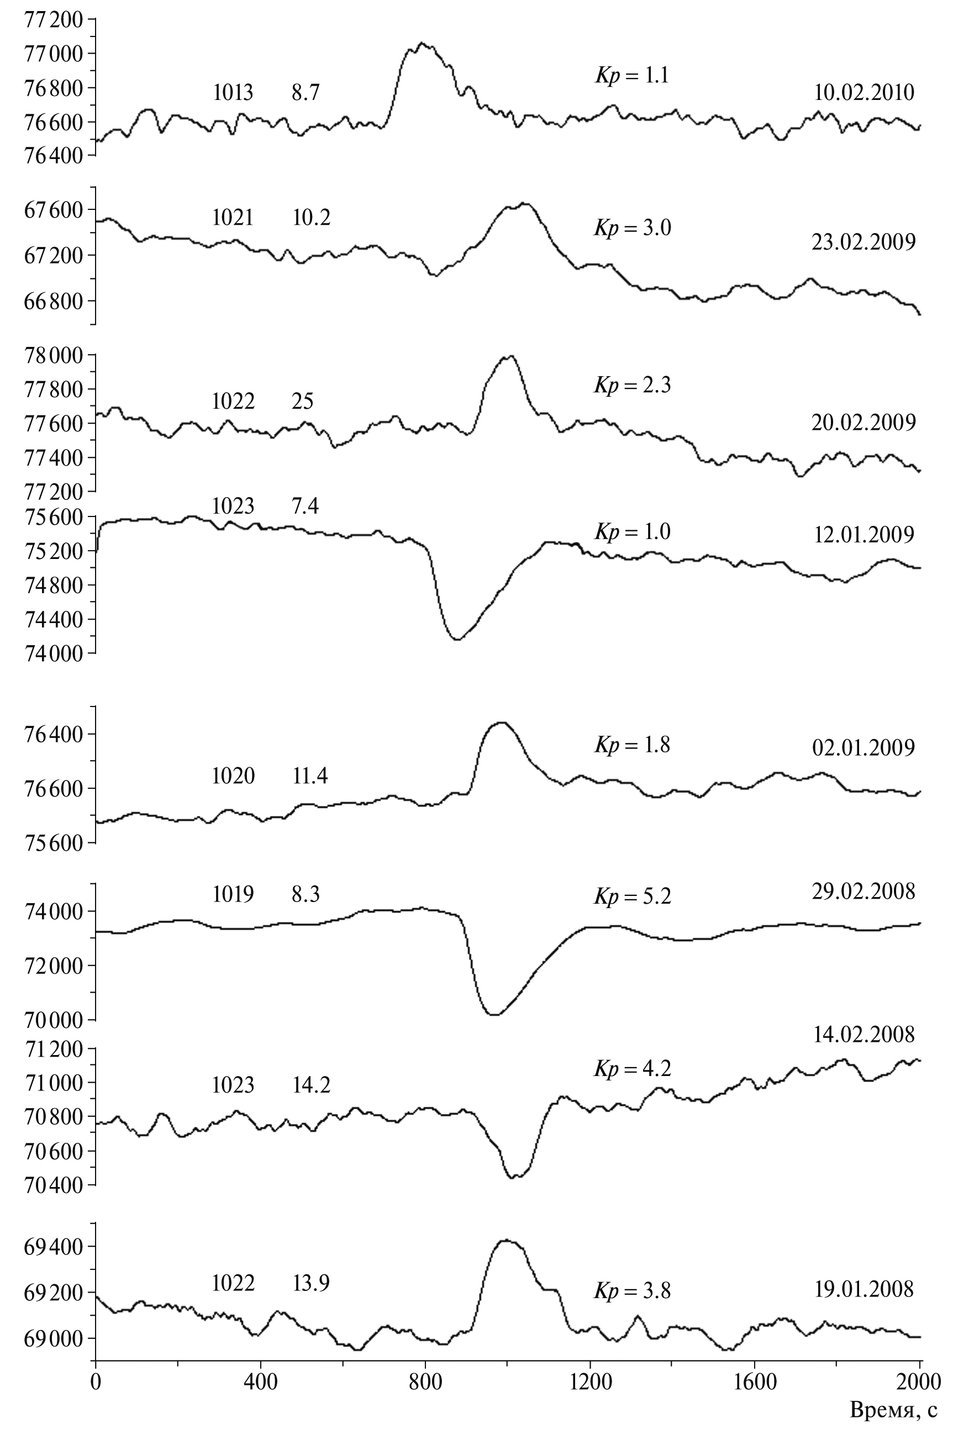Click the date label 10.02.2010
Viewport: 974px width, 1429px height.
[x=864, y=93]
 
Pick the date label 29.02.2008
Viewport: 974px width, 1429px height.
[x=864, y=891]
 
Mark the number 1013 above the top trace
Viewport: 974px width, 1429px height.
[x=233, y=93]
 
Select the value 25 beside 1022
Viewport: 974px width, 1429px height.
[x=303, y=402]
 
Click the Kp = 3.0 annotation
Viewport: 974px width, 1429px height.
[x=631, y=228]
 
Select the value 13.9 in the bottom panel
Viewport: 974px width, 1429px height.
[x=310, y=1283]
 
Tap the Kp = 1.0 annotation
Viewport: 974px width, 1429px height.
[x=631, y=531]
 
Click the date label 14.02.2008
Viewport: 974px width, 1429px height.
[x=864, y=1034]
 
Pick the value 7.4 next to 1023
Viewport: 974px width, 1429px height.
[x=305, y=506]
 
